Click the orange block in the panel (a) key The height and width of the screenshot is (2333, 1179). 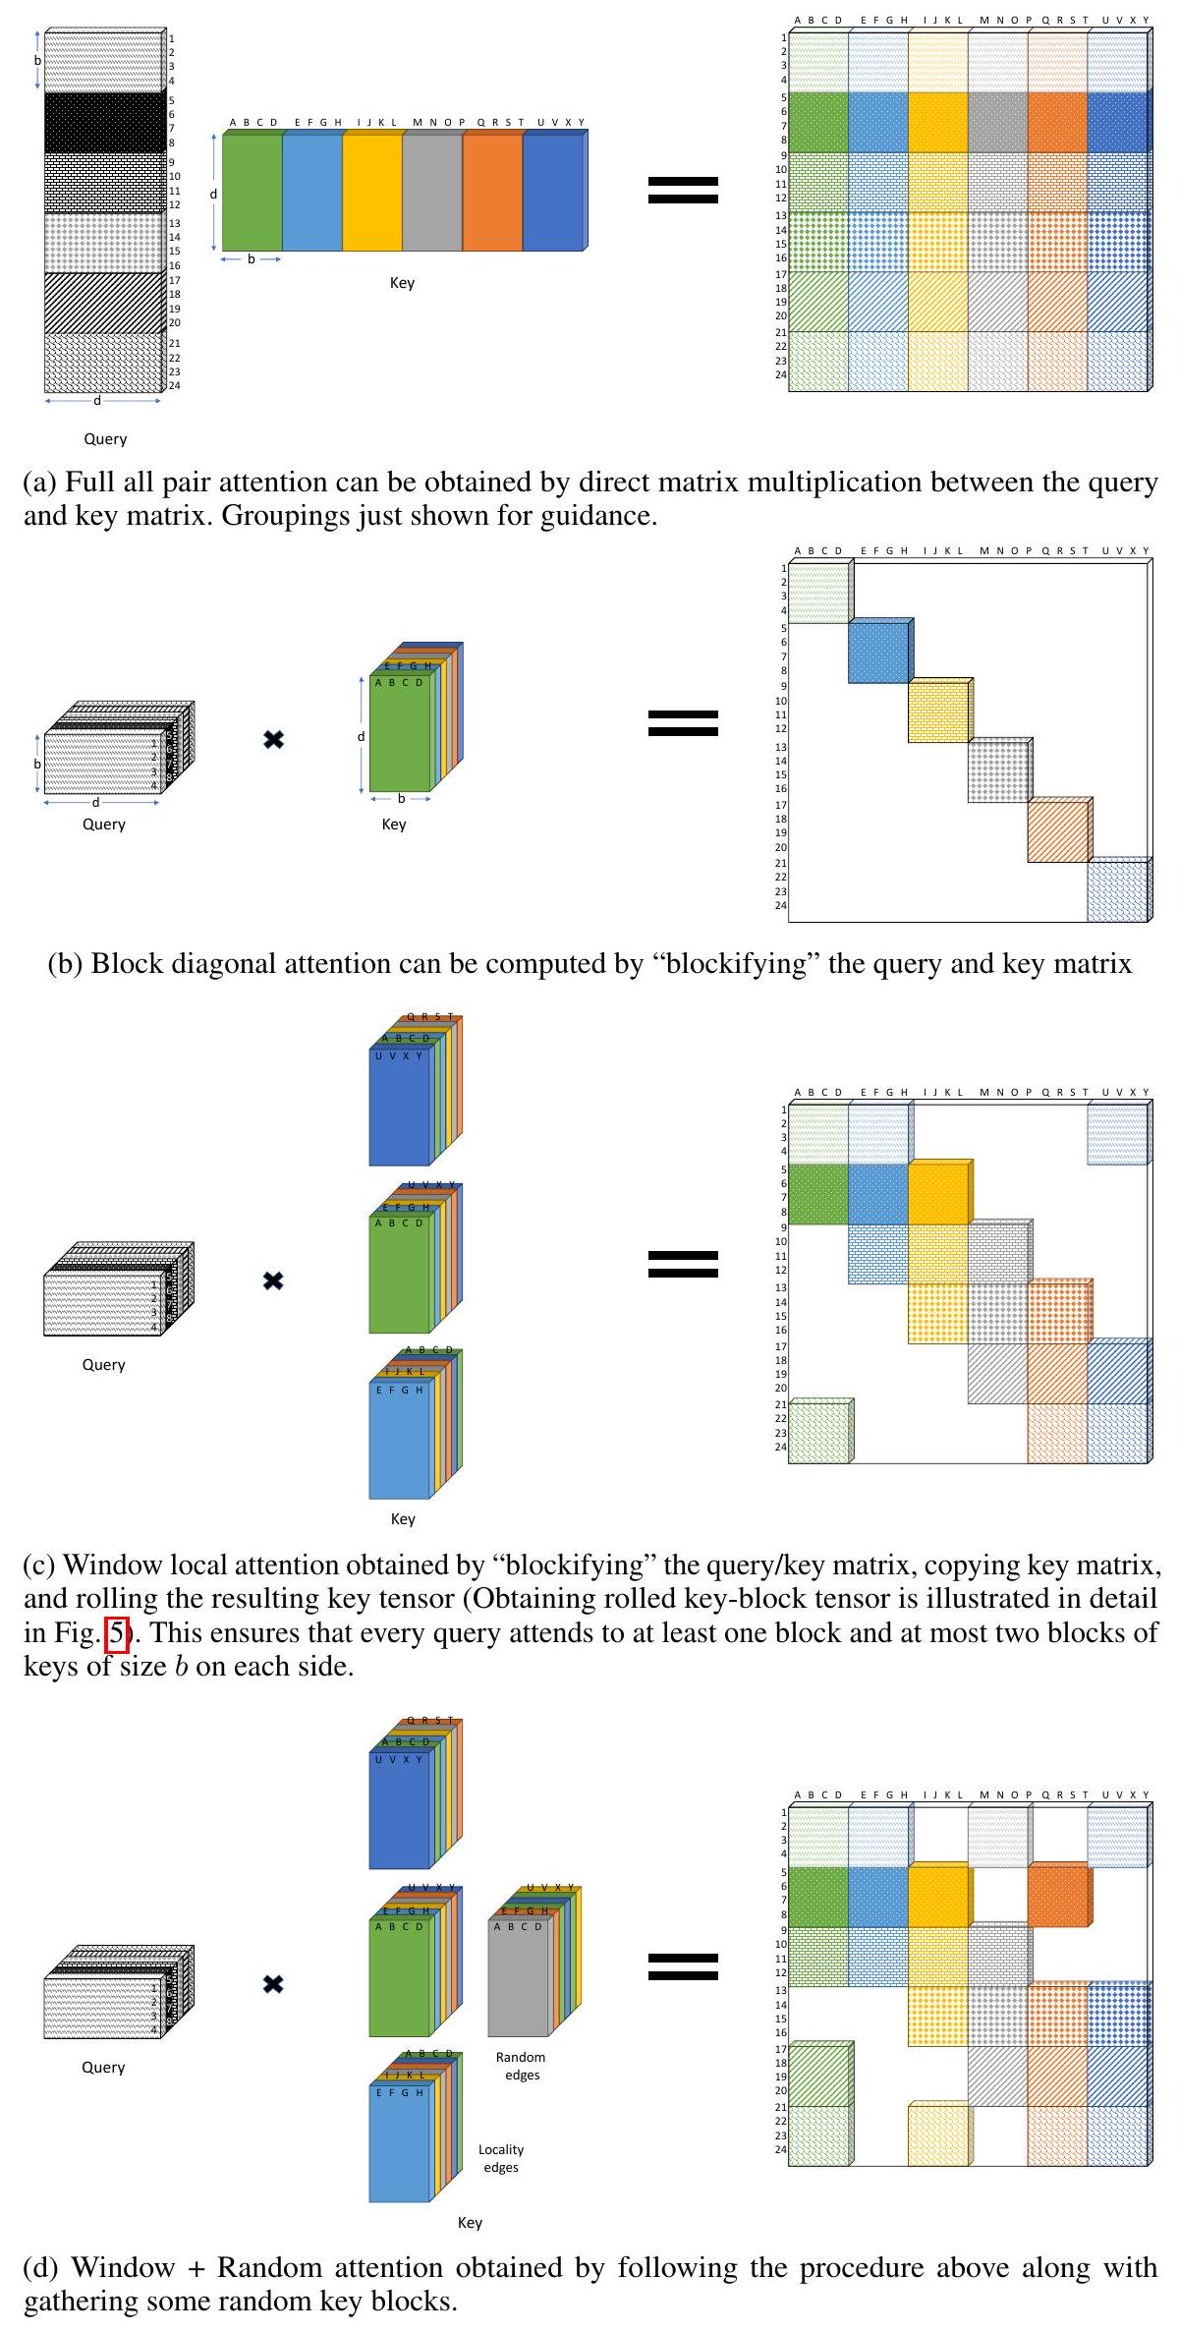(492, 193)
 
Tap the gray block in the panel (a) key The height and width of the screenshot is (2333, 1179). (432, 193)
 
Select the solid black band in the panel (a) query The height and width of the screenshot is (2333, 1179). (103, 122)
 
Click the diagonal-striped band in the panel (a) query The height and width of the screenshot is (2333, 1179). (103, 303)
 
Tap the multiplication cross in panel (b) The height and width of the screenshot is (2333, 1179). (274, 739)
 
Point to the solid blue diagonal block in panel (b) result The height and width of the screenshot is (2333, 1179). (878, 654)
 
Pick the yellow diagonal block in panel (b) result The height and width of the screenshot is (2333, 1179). (938, 711)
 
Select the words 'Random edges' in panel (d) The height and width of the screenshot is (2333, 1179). (521, 2066)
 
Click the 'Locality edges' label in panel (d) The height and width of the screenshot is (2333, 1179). (501, 2158)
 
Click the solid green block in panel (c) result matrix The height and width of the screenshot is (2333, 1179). (818, 1194)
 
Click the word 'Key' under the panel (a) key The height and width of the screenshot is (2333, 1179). (402, 283)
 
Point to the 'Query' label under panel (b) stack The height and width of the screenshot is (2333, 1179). (103, 825)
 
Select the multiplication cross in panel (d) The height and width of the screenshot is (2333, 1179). (274, 1984)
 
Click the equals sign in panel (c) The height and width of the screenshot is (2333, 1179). (683, 1265)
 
